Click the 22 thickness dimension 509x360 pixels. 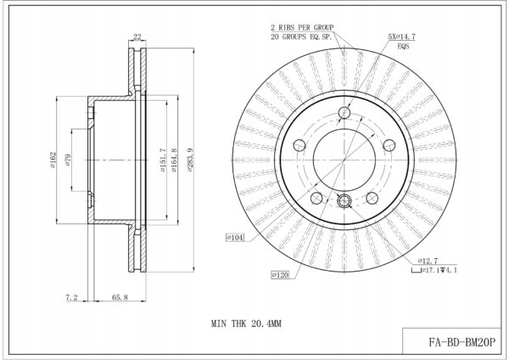pyautogui.click(x=137, y=37)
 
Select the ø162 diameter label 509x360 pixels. pyautogui.click(x=53, y=160)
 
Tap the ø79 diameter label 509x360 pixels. pyautogui.click(x=68, y=160)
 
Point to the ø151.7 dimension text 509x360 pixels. pyautogui.click(x=163, y=160)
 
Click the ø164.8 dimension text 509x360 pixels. pyautogui.click(x=174, y=160)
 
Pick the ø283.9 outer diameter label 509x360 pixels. pyautogui.click(x=190, y=160)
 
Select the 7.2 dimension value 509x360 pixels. pyautogui.click(x=72, y=297)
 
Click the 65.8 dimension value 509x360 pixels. pyautogui.click(x=120, y=297)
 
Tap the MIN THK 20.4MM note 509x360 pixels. pyautogui.click(x=246, y=323)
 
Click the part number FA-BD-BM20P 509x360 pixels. pyautogui.click(x=462, y=342)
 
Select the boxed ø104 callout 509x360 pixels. pyautogui.click(x=235, y=238)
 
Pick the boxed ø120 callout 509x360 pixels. pyautogui.click(x=280, y=275)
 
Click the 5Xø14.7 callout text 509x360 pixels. pyautogui.click(x=402, y=37)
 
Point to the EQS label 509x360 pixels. pyautogui.click(x=403, y=46)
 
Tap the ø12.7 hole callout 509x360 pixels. pyautogui.click(x=428, y=261)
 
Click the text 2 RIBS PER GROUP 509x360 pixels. pyautogui.click(x=302, y=27)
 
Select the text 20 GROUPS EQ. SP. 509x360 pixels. pyautogui.click(x=301, y=37)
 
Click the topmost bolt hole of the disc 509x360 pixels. pyautogui.click(x=344, y=113)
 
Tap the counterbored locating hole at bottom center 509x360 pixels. pyautogui.click(x=344, y=200)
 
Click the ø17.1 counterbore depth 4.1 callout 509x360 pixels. pyautogui.click(x=434, y=270)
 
